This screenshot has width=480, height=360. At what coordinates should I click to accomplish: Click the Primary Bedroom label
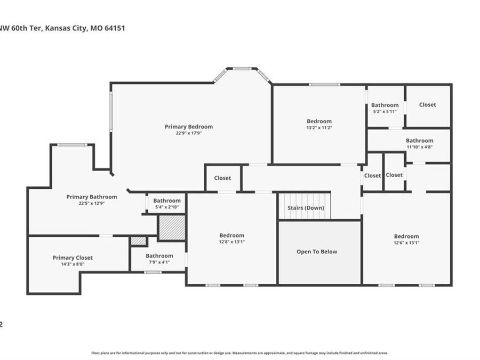pos(188,126)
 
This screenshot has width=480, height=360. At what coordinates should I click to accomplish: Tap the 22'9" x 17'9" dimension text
pos(188,133)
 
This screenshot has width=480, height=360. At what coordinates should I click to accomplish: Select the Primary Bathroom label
pos(92,197)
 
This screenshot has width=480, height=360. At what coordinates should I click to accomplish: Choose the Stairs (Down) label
pos(306,208)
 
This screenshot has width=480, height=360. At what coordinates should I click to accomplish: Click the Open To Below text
pos(317,252)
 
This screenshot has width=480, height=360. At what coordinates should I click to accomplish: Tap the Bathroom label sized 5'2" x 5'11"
pos(385,105)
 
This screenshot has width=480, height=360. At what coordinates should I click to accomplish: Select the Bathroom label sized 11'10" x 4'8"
pos(420,141)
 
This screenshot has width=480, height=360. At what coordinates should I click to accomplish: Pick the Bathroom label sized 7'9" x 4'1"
pos(159,255)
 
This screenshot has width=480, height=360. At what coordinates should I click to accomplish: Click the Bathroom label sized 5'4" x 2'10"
pos(167,201)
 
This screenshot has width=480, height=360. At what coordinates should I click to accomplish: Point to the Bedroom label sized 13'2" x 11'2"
pos(319,121)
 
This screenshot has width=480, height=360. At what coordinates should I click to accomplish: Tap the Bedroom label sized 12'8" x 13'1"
pos(232,235)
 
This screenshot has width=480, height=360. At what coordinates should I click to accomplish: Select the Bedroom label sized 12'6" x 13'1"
pos(406,236)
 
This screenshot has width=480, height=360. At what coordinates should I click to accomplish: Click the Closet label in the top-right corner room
pos(427,105)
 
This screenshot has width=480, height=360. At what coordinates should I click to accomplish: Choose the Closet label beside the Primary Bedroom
pos(222,178)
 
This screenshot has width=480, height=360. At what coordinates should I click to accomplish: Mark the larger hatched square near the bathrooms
pos(172,228)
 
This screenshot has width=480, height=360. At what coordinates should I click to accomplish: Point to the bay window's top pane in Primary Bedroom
pos(242,68)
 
